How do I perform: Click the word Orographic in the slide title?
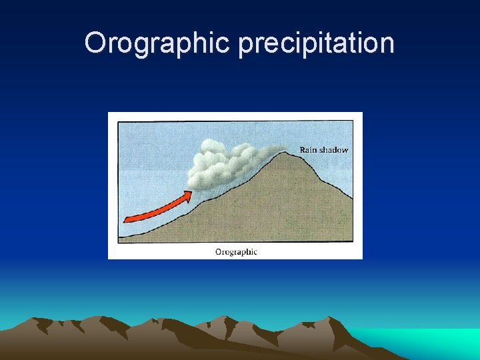(x=158, y=44)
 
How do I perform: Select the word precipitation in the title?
(x=316, y=44)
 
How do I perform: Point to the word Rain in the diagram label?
(x=309, y=150)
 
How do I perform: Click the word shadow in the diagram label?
(x=334, y=150)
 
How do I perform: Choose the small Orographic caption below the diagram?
(x=235, y=252)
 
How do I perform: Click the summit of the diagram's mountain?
(x=286, y=154)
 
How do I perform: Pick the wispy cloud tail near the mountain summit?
(x=270, y=153)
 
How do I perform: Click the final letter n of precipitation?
(x=388, y=44)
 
